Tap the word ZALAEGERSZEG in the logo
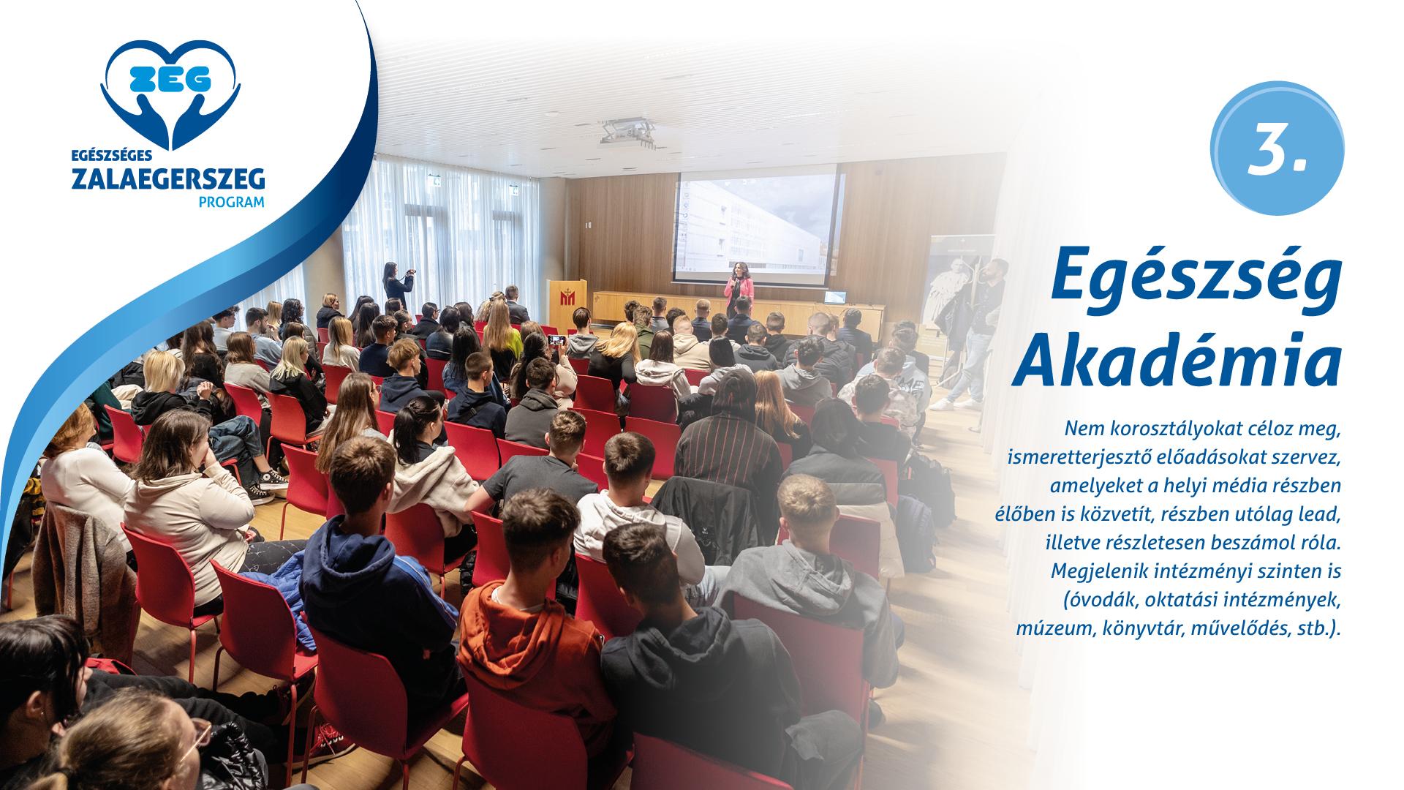(168, 179)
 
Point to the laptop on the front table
(835, 297)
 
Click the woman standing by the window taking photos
(396, 285)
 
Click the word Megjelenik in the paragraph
(1096, 570)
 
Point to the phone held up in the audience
(556, 339)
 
